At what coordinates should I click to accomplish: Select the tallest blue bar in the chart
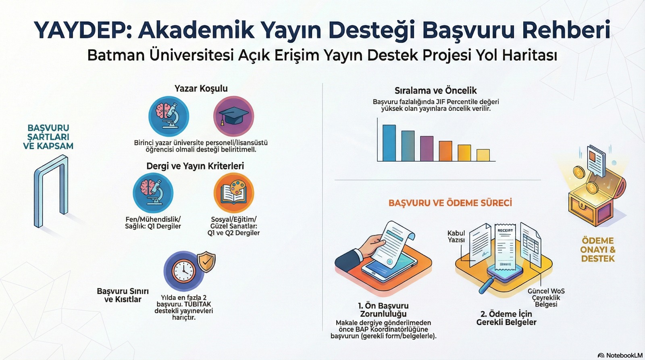pyautogui.click(x=389, y=143)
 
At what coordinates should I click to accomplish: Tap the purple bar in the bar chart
pyautogui.click(x=427, y=148)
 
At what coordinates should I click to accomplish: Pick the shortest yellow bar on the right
pyautogui.click(x=483, y=155)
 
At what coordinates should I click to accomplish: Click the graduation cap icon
pyautogui.click(x=233, y=116)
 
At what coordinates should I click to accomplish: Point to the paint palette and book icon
pyautogui.click(x=233, y=193)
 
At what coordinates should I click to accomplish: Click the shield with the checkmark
pyautogui.click(x=206, y=262)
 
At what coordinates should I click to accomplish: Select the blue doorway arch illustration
pyautogui.click(x=51, y=191)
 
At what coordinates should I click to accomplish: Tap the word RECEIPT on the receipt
pyautogui.click(x=506, y=231)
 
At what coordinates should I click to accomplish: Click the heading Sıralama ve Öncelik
pyautogui.click(x=435, y=91)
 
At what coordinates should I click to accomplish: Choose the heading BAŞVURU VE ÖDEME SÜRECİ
pyautogui.click(x=450, y=203)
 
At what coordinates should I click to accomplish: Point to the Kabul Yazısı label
pyautogui.click(x=456, y=237)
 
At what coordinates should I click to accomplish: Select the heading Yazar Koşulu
pyautogui.click(x=201, y=88)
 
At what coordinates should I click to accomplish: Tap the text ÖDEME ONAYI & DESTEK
pyautogui.click(x=598, y=250)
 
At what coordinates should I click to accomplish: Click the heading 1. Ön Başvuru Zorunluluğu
pyautogui.click(x=383, y=310)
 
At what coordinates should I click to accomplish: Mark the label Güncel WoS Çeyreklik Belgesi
pyautogui.click(x=546, y=298)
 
